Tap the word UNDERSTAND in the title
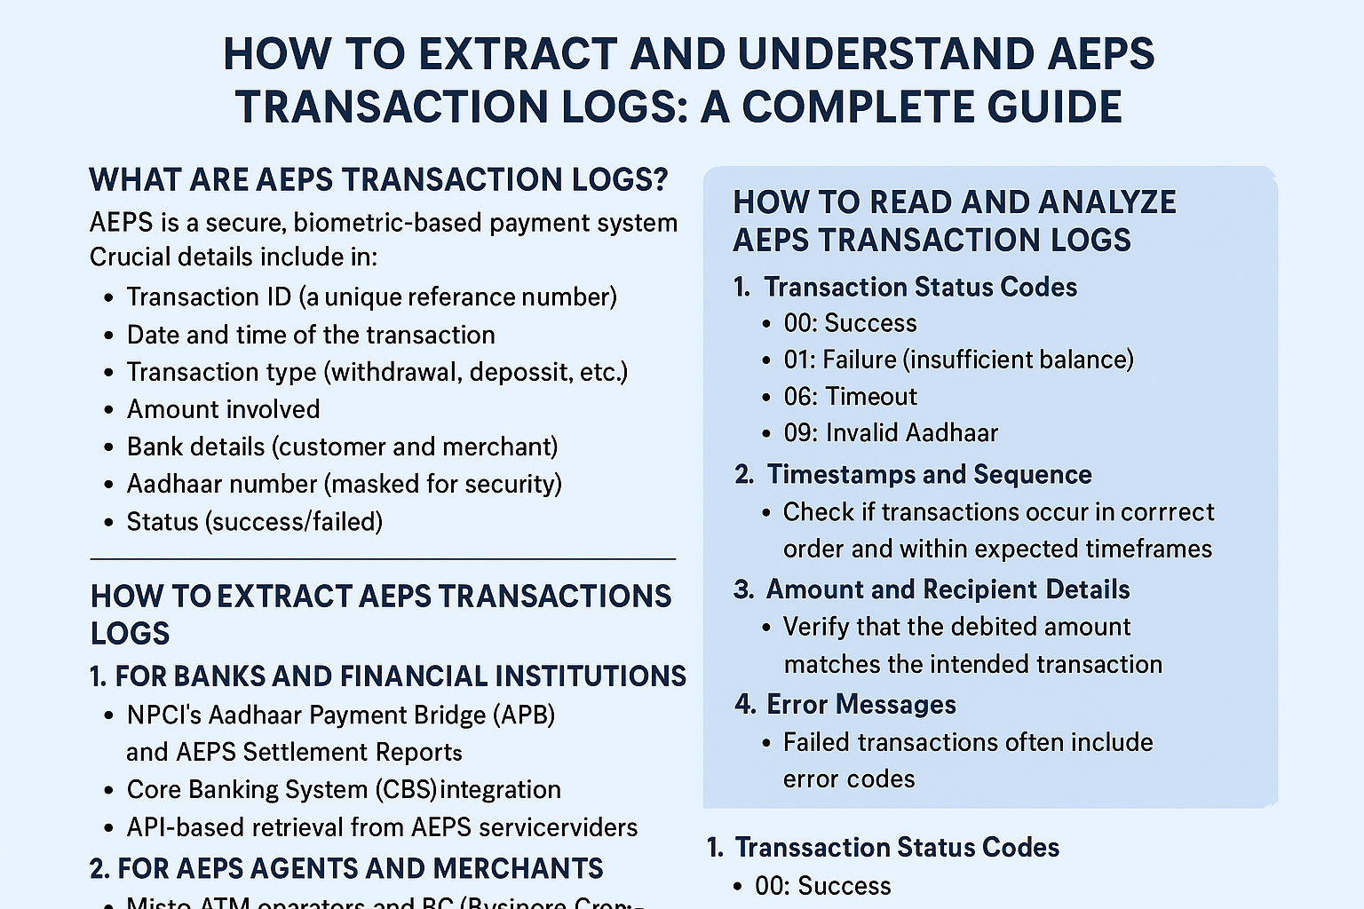[884, 53]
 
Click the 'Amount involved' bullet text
[223, 409]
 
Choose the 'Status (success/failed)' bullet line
[254, 521]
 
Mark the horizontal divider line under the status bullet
[383, 559]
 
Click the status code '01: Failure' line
[958, 360]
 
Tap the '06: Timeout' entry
[850, 396]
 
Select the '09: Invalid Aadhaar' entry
[891, 433]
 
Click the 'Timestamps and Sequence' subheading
[929, 475]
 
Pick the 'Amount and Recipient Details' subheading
[948, 589]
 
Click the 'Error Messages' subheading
[860, 705]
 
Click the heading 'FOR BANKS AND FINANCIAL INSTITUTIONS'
[400, 676]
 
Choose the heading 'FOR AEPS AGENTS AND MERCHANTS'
[360, 868]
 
